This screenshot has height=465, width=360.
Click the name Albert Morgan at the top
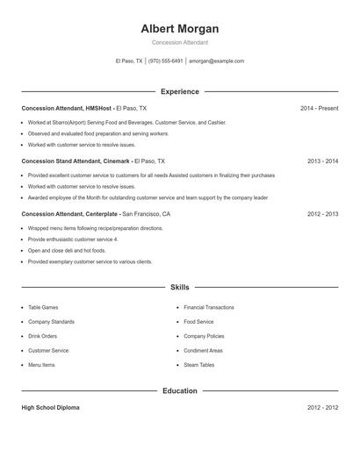180,28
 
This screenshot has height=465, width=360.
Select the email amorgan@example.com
216,61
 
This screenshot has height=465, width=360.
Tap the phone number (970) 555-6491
166,61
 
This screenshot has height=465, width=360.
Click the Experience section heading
180,91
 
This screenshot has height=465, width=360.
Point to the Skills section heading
180,287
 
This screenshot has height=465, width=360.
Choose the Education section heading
180,390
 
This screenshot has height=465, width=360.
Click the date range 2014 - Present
319,108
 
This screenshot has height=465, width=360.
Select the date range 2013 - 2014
322,161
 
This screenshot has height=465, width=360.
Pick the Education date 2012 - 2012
322,408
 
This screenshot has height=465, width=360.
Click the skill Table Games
44,308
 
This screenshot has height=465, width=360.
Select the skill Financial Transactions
209,308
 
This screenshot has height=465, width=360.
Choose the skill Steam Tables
199,365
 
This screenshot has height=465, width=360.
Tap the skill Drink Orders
43,336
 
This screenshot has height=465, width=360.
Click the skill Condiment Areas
203,351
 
